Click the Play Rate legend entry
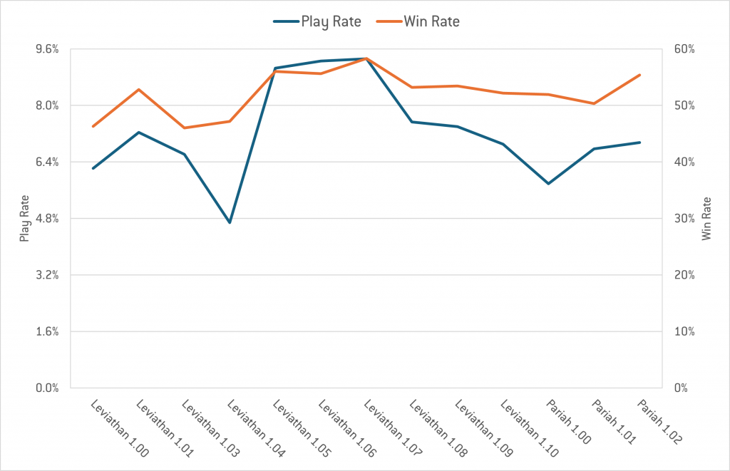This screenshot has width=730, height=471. (317, 21)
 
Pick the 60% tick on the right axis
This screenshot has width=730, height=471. (684, 49)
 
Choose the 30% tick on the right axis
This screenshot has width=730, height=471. (684, 219)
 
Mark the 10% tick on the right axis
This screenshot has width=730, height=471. (684, 332)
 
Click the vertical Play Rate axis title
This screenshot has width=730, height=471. (24, 219)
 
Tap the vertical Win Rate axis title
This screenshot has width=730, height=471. (706, 219)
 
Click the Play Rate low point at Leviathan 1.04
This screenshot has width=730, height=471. (230, 222)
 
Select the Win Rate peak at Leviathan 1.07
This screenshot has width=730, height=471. (366, 58)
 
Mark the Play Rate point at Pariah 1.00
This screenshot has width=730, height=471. (549, 184)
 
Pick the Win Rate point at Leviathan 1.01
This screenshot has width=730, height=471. (138, 89)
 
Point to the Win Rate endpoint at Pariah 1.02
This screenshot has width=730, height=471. (640, 75)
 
